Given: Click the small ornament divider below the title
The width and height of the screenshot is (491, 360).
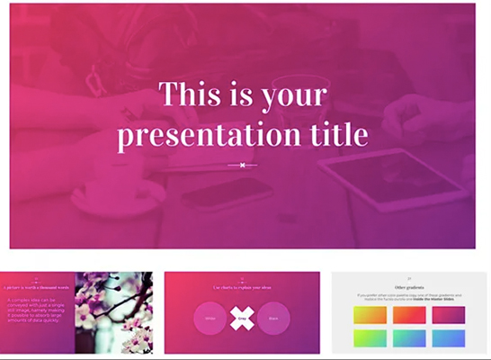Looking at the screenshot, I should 242,165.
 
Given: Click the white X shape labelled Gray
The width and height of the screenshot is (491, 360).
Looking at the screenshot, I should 242,318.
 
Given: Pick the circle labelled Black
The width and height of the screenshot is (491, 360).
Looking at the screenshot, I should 272,319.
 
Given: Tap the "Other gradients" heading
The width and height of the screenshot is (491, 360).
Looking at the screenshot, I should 409,285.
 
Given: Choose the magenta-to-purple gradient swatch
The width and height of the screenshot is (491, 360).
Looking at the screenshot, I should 448,315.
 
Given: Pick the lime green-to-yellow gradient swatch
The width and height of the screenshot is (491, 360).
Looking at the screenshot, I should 370,337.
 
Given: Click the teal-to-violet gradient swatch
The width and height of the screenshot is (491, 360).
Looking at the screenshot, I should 409,337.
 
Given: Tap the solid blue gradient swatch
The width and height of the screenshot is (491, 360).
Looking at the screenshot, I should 448,337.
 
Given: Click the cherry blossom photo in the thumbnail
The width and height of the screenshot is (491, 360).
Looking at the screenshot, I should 114,312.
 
